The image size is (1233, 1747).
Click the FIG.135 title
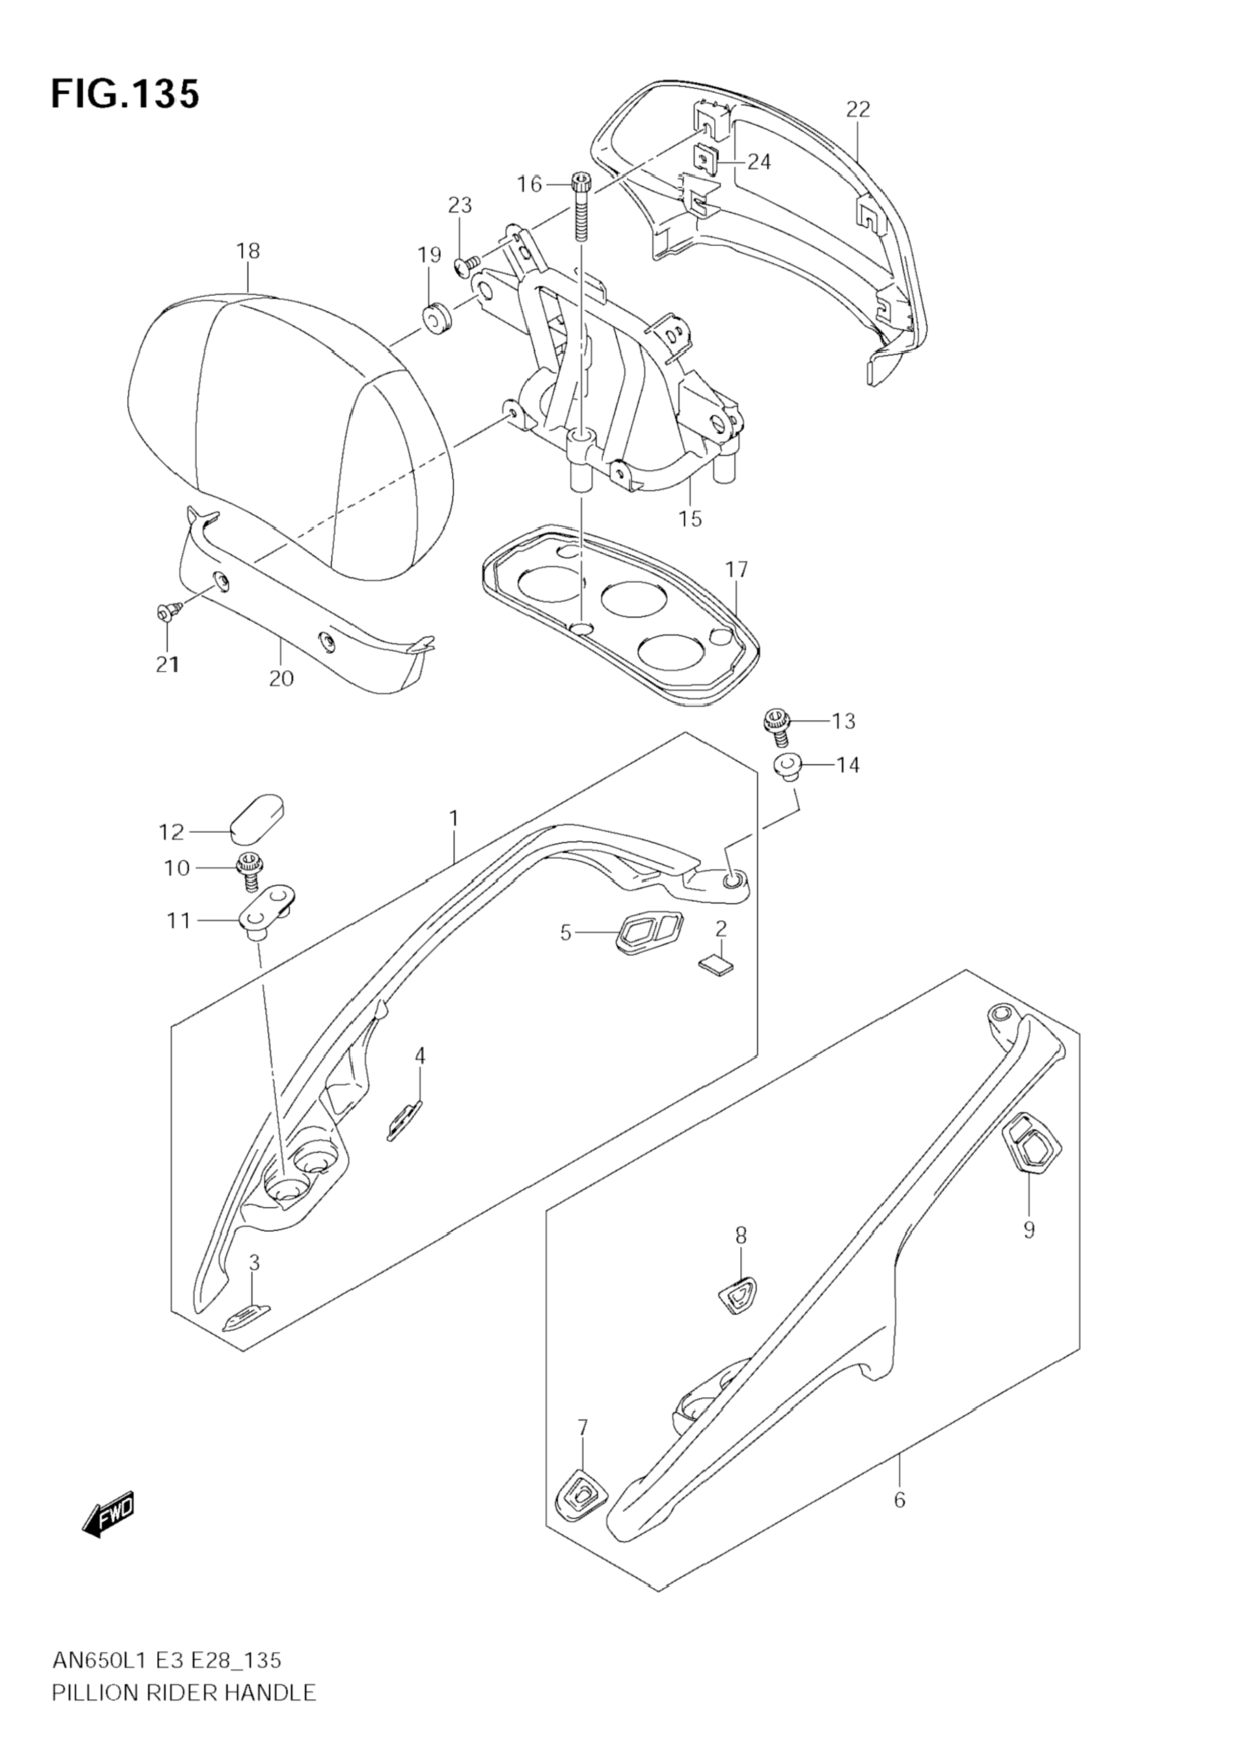(x=126, y=95)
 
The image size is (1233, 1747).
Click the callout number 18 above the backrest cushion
(x=248, y=251)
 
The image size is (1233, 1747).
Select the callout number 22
(x=858, y=109)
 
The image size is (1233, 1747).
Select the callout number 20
(x=281, y=678)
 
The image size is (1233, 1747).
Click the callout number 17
(x=736, y=570)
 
